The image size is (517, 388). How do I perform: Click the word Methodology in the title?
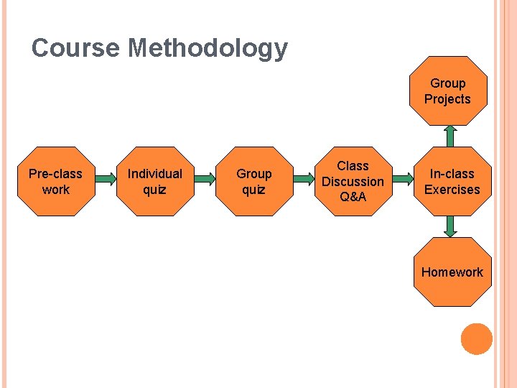(208, 49)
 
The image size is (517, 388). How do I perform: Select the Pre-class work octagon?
(55, 181)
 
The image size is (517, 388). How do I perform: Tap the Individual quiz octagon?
(154, 181)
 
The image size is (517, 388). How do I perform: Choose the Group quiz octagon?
(253, 181)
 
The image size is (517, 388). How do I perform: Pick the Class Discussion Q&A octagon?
(353, 181)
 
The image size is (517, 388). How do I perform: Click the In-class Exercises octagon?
(452, 181)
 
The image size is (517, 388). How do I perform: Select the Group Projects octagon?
(447, 91)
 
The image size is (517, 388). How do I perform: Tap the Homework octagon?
(452, 272)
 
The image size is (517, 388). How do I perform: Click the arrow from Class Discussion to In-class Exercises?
(402, 181)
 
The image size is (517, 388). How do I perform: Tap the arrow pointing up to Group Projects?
(450, 136)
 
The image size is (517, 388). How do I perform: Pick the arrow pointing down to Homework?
(450, 226)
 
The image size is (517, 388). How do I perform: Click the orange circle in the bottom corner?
(476, 339)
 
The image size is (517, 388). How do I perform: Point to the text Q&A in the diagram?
(353, 197)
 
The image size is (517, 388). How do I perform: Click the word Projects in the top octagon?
(447, 99)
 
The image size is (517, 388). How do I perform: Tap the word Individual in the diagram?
(154, 173)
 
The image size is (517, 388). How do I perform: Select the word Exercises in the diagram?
(452, 190)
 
